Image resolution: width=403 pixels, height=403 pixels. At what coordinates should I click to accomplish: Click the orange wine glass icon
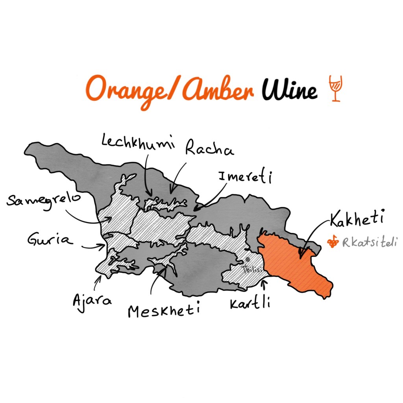[335, 89]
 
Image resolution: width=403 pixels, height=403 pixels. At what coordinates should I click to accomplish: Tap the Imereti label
[246, 177]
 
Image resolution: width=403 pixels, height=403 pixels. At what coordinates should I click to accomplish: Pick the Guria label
[50, 239]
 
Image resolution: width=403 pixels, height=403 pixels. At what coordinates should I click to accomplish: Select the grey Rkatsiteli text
[370, 243]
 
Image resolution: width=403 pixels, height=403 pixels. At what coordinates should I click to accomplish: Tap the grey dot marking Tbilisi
[248, 260]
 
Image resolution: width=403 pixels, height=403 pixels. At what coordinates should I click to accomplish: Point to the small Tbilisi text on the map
[250, 270]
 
